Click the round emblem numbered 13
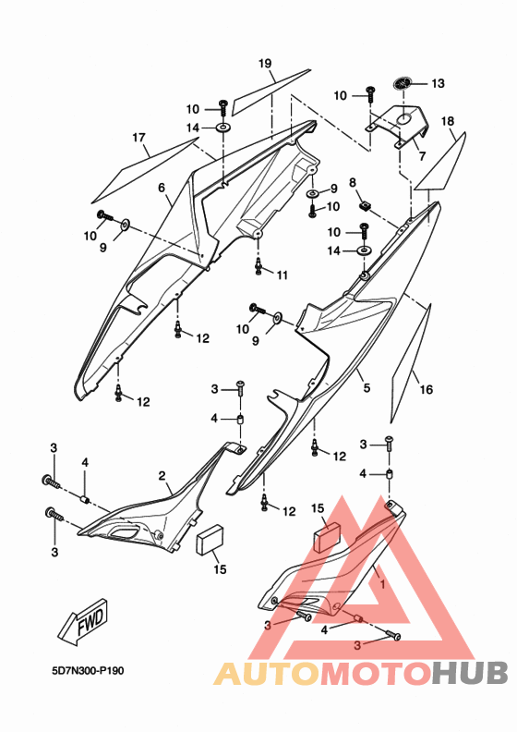point(403,83)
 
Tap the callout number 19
point(265,63)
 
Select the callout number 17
point(138,138)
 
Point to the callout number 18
point(447,121)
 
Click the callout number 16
point(427,389)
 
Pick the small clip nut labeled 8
point(367,205)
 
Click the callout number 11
point(283,275)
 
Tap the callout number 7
point(422,156)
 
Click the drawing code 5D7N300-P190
point(88,671)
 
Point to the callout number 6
point(162,188)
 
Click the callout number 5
point(367,387)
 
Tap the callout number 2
point(162,476)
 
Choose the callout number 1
point(383,583)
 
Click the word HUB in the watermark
point(469,674)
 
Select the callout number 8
point(353,182)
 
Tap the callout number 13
point(438,83)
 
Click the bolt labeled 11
point(258,267)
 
